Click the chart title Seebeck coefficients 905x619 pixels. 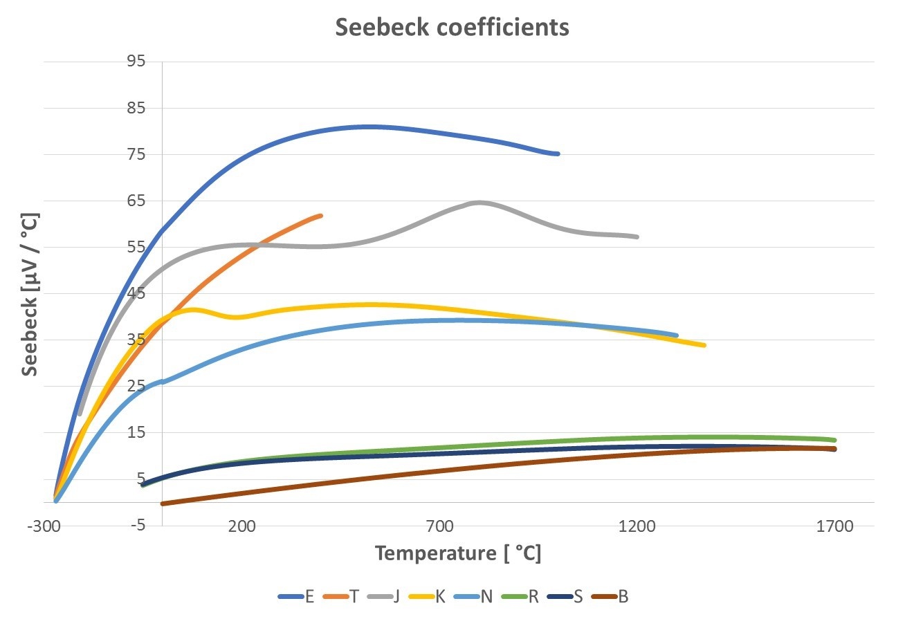click(452, 28)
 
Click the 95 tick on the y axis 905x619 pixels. click(136, 62)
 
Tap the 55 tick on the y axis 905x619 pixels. click(136, 247)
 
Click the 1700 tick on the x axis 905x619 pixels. click(835, 526)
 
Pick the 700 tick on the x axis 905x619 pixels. click(439, 526)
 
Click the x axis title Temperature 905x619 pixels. click(457, 553)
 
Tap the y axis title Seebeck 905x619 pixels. click(29, 294)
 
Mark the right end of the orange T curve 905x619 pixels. click(320, 216)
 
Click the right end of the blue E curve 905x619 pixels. click(557, 154)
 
